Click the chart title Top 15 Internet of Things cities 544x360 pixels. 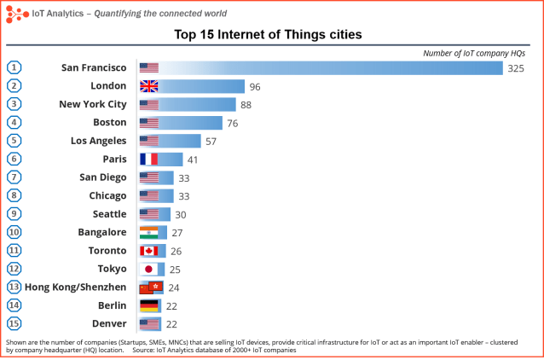pyautogui.click(x=269, y=35)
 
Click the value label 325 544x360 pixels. pyautogui.click(x=515, y=68)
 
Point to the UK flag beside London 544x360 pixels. pyautogui.click(x=149, y=86)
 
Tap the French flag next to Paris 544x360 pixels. pyautogui.click(x=149, y=159)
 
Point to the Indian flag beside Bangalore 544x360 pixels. pyautogui.click(x=149, y=232)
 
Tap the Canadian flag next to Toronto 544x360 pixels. pyautogui.click(x=149, y=251)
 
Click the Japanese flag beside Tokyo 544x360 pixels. pyautogui.click(x=149, y=269)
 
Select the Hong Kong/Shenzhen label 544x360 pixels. pyautogui.click(x=76, y=287)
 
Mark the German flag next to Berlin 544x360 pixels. pyautogui.click(x=149, y=305)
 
